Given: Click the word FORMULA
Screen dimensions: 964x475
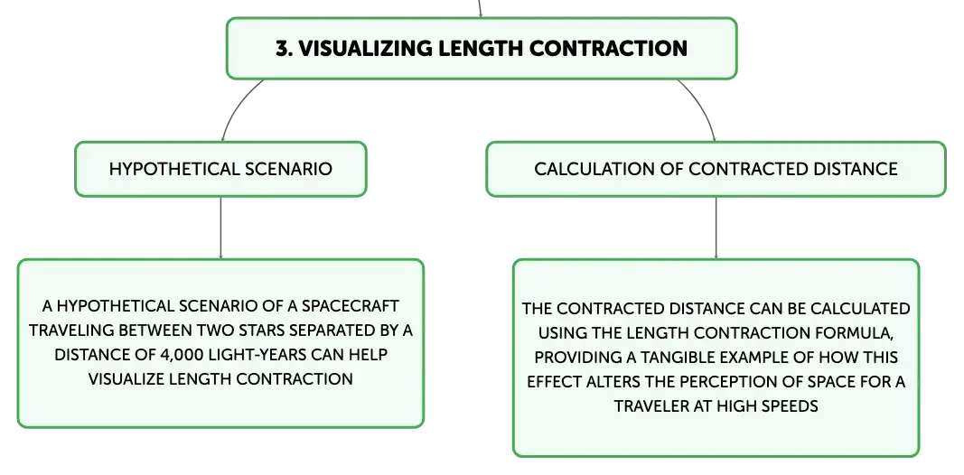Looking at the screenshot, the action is [854, 333].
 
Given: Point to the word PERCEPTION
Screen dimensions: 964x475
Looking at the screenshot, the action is [742, 382].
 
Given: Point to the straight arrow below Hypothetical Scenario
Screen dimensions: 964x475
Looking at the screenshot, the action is [220, 228].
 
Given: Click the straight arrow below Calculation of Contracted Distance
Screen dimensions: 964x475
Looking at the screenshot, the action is [716, 228].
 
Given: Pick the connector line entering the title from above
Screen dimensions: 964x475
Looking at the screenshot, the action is [480, 8].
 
